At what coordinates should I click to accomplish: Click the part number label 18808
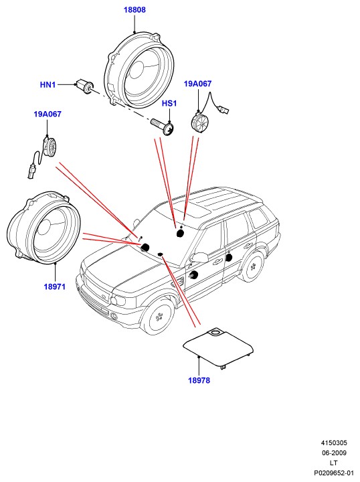(134, 10)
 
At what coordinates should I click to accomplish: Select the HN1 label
(48, 84)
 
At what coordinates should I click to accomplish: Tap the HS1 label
(169, 103)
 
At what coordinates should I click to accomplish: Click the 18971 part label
(55, 287)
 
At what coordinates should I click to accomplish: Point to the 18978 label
(199, 380)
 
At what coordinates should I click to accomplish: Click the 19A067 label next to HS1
(197, 84)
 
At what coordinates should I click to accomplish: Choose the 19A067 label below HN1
(48, 114)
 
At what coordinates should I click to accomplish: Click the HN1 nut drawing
(84, 86)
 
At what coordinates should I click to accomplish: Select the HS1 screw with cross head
(163, 126)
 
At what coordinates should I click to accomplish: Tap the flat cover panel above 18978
(218, 349)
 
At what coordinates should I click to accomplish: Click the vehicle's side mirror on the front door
(199, 257)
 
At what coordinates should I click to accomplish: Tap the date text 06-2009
(334, 453)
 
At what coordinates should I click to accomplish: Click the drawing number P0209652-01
(334, 473)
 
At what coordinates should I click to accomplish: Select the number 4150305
(334, 443)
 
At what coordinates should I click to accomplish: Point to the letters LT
(334, 463)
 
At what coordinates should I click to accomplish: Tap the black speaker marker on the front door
(193, 275)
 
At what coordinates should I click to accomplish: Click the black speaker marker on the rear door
(229, 257)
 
